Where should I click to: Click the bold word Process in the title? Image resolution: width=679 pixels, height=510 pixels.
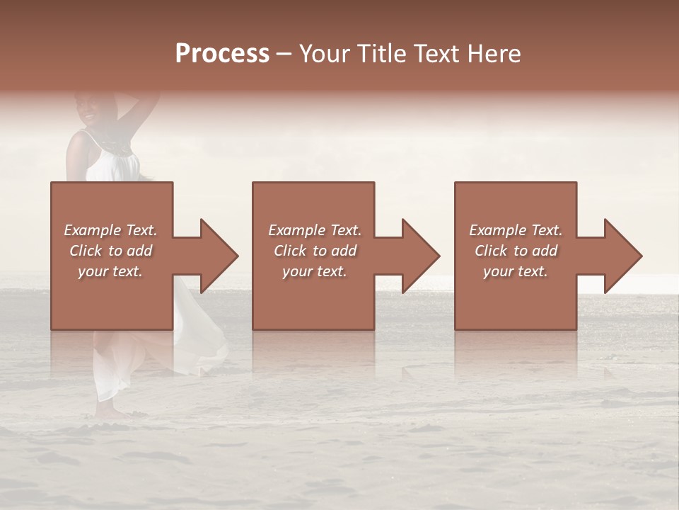[222, 54]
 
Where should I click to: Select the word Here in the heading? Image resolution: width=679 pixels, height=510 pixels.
[494, 54]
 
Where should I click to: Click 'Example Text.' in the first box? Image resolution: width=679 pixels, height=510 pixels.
[110, 230]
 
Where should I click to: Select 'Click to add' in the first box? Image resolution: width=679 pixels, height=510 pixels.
[110, 251]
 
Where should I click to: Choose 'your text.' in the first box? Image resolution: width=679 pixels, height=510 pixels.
[110, 271]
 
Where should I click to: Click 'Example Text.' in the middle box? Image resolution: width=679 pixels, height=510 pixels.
[315, 230]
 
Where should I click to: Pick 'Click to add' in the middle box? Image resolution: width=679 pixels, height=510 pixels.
[315, 251]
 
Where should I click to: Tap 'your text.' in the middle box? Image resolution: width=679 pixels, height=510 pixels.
[315, 271]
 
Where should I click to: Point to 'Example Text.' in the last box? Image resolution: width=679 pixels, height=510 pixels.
[516, 230]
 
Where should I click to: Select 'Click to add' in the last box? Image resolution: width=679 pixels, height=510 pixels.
[516, 251]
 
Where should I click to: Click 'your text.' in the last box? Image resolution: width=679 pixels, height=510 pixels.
[516, 271]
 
